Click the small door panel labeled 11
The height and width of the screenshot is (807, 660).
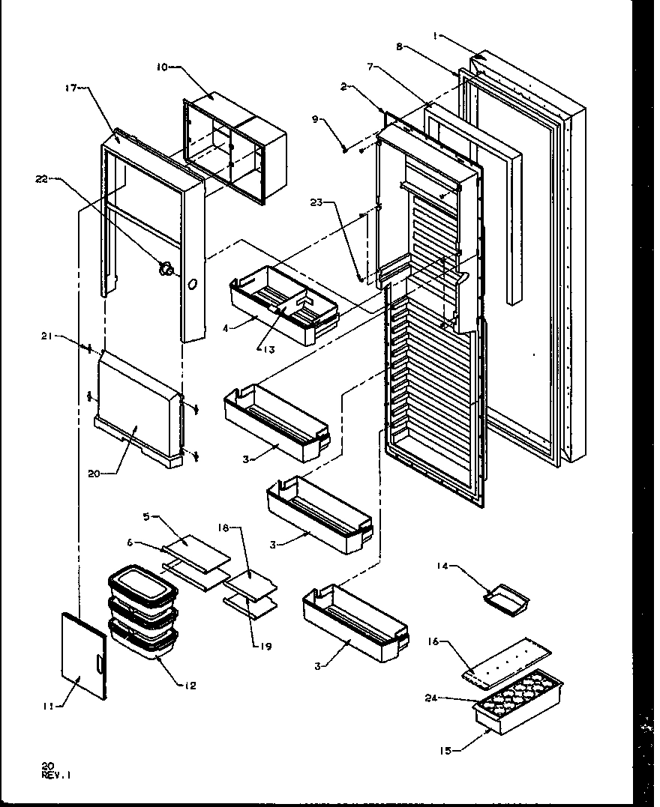(x=83, y=655)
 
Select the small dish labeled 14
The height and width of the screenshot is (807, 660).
(x=507, y=596)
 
